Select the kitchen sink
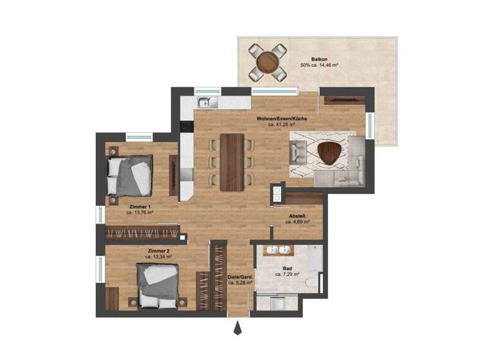coord(207,102)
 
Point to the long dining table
coord(232,162)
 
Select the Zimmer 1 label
coord(139,206)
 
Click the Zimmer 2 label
coord(158,250)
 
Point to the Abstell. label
coord(297,216)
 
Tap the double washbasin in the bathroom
coord(278,251)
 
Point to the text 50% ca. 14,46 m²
coord(320,66)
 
